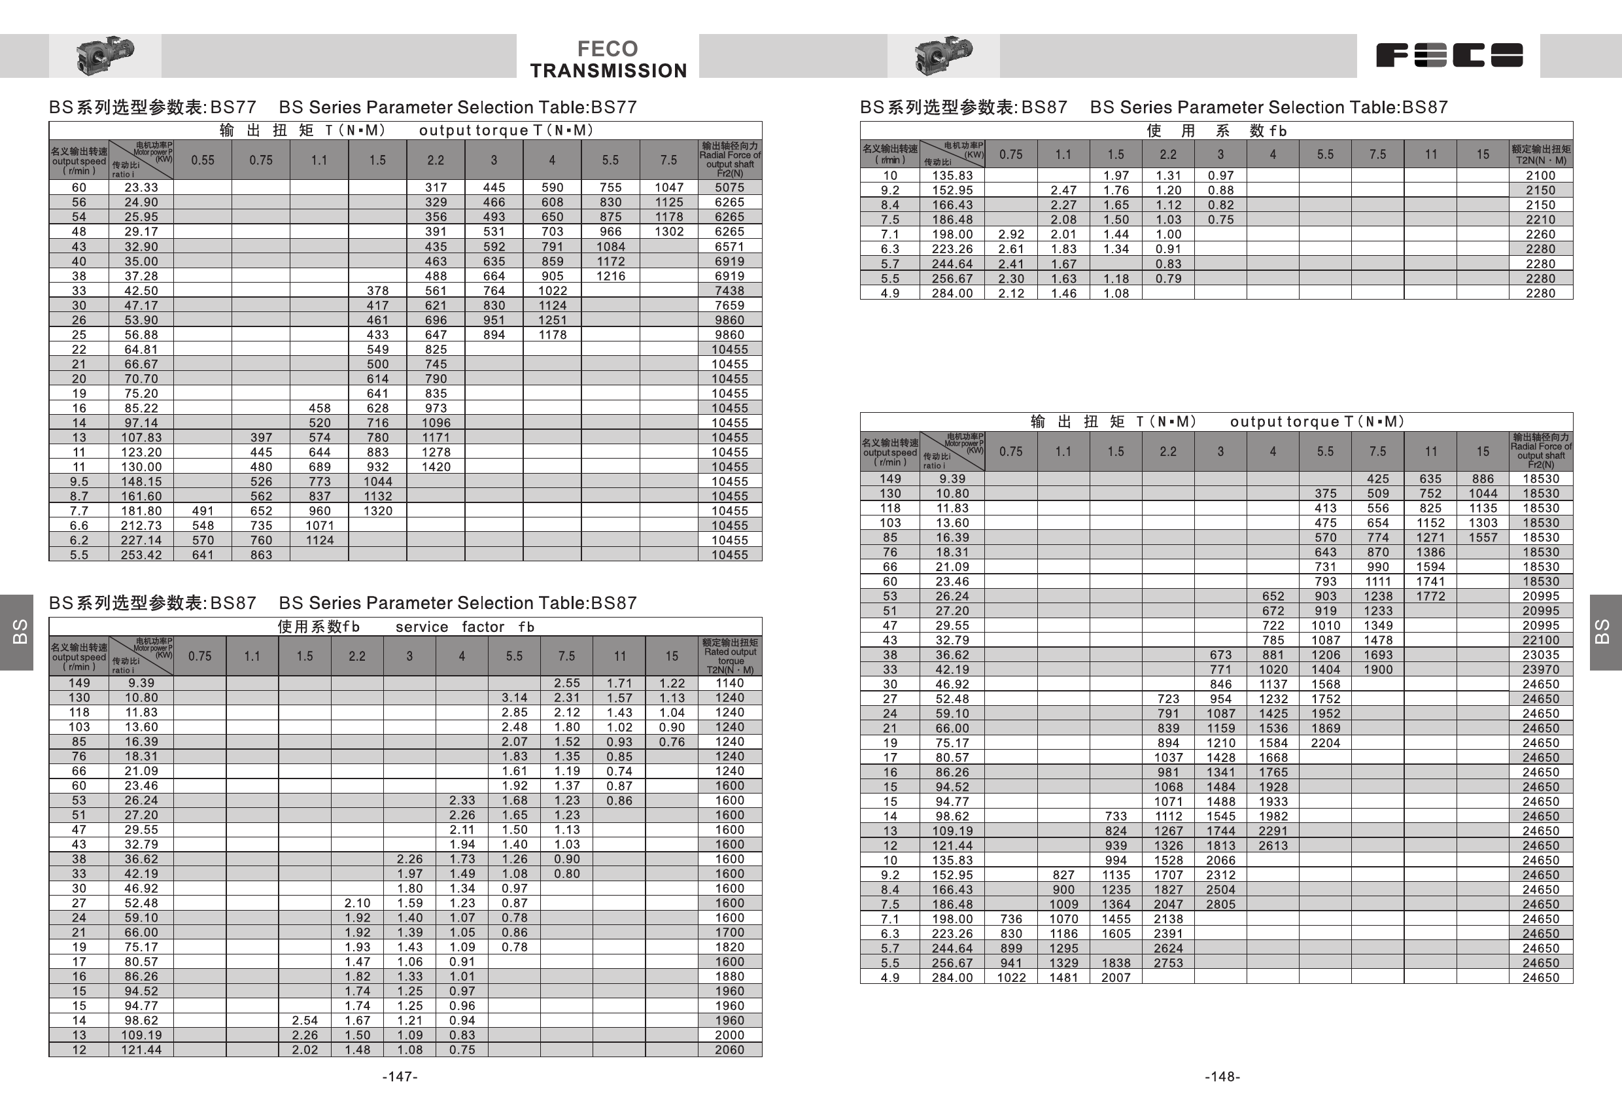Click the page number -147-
coord(400,1077)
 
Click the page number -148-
coord(1222,1077)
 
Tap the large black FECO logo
coord(1449,55)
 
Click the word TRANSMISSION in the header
coord(608,71)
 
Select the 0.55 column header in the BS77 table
coord(202,160)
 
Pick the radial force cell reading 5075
coord(729,187)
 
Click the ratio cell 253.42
coord(141,554)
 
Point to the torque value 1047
coord(668,187)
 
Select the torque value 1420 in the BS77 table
coord(436,466)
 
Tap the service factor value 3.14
coord(514,697)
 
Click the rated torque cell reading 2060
coord(729,1049)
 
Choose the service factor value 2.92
coord(1010,234)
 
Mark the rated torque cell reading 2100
coord(1540,175)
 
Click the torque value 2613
coord(1273,845)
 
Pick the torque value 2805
coord(1220,904)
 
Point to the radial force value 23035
coord(1540,655)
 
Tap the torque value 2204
coord(1325,743)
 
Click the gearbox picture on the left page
coord(105,54)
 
